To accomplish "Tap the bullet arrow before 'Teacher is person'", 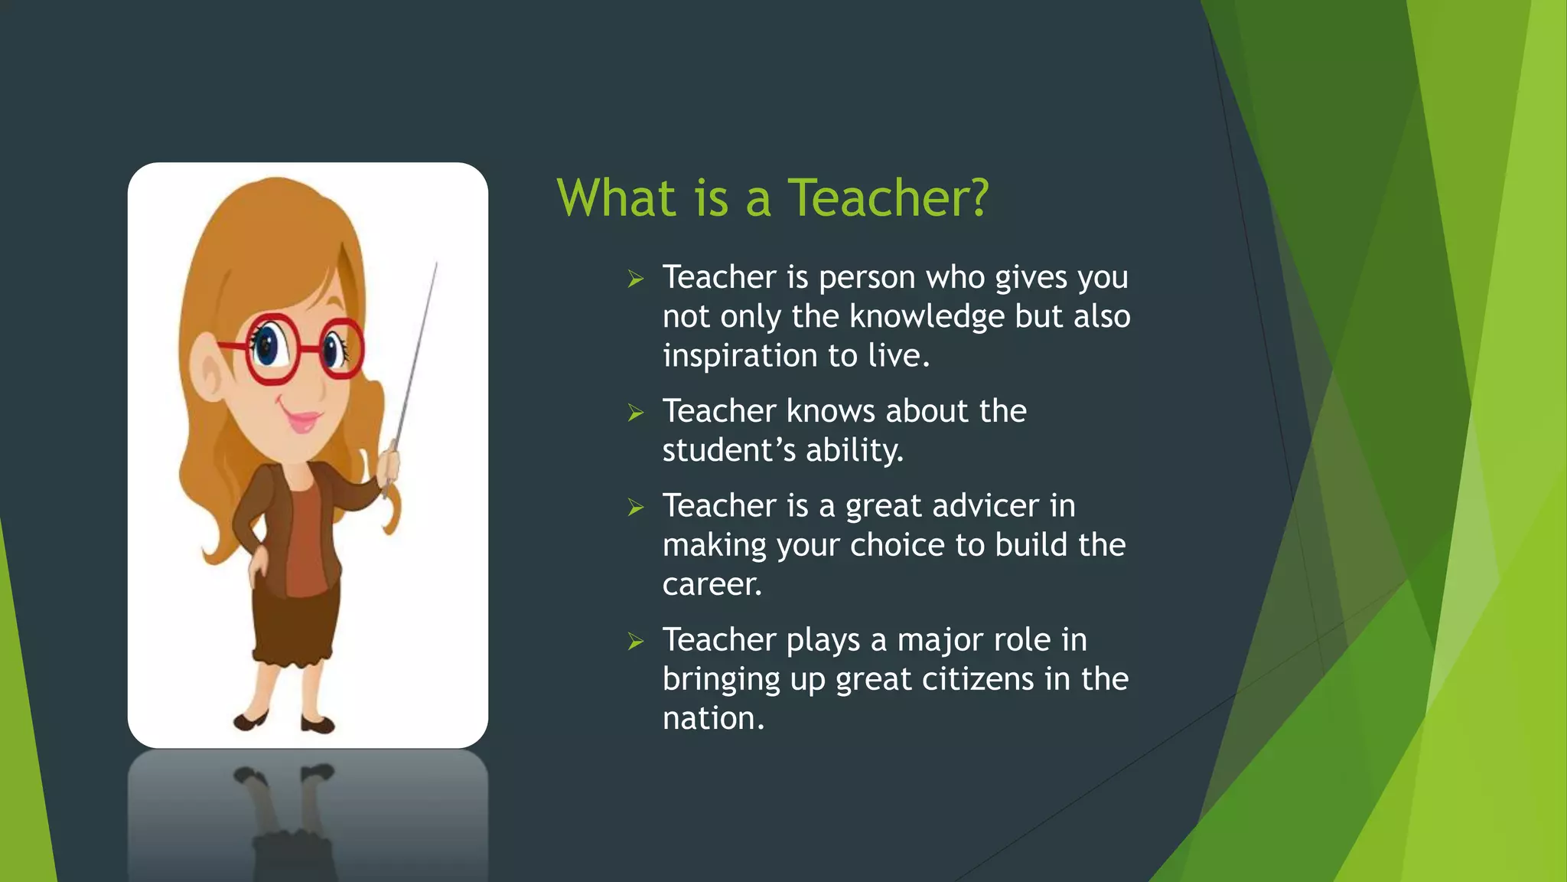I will click(x=636, y=279).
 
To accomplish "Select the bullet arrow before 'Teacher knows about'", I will click(x=636, y=413).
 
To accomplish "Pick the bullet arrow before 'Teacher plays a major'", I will click(x=636, y=641).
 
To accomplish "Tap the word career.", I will click(x=712, y=585).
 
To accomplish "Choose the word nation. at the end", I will click(x=713, y=719).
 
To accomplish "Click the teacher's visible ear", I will click(x=208, y=375).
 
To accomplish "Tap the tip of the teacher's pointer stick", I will click(x=436, y=264).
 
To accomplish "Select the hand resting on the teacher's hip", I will click(x=259, y=565).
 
